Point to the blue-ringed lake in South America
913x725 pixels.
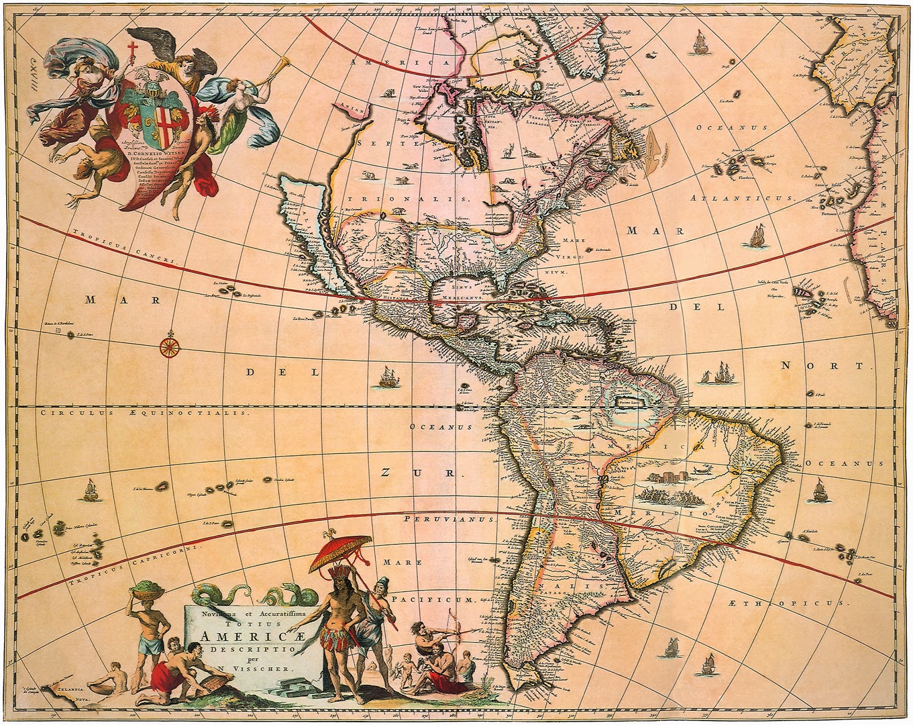627,402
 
